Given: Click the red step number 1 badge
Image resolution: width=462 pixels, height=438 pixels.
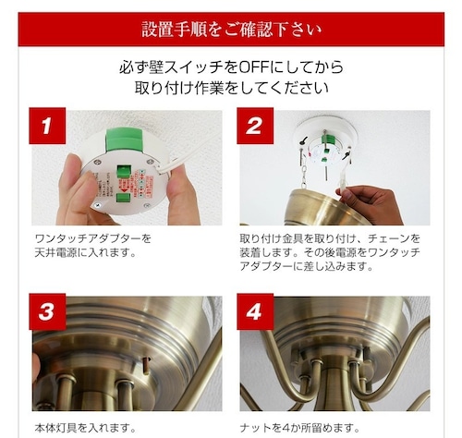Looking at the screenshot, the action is coord(47,126).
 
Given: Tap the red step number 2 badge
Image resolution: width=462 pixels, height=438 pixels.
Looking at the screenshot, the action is coord(255,126).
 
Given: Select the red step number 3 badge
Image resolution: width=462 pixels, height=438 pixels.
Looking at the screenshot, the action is coord(47,311).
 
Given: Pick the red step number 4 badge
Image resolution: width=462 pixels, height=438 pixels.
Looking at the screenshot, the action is coord(255,311).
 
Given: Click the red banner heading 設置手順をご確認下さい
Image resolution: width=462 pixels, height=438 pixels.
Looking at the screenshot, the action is coord(231,30).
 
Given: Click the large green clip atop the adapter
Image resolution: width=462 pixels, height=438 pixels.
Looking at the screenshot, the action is coord(124,140).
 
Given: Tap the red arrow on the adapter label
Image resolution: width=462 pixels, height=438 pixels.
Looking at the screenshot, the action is coord(124,190).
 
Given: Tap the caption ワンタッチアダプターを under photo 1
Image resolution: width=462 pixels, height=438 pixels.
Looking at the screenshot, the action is coord(93,238).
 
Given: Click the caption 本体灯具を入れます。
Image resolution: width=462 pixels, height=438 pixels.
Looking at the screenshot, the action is coord(85,428).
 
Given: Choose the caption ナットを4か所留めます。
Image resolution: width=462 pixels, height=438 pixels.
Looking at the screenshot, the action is coord(299,428).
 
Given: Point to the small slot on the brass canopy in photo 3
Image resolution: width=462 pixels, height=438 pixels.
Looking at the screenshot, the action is coord(148,364).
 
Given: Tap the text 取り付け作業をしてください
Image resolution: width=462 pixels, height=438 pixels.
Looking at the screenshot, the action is coord(231,88).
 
